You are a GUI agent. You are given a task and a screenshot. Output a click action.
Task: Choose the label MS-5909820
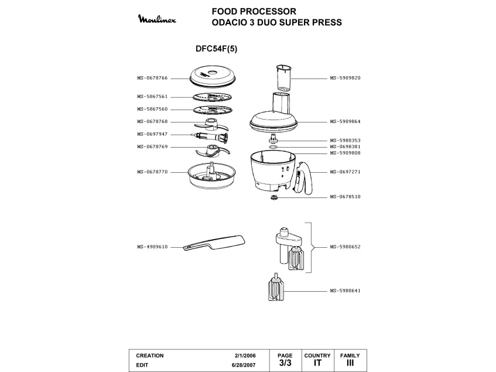tap(345, 77)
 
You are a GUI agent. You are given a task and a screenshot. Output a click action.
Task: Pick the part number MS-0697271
tap(345, 172)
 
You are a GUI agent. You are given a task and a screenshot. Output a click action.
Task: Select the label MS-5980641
tap(345, 291)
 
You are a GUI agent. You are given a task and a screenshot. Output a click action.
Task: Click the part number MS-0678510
tap(345, 197)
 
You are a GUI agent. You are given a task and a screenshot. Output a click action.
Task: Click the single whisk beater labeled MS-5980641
tap(274, 290)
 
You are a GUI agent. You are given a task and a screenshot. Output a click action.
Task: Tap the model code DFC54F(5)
tap(216, 50)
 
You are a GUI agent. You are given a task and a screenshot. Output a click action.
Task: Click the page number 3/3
tap(285, 363)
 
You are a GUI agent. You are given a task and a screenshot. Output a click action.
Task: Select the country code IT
tap(317, 363)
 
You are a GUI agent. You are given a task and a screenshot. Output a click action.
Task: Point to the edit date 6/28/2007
tap(244, 364)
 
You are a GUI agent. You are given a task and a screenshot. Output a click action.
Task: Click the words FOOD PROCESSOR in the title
tap(254, 11)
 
